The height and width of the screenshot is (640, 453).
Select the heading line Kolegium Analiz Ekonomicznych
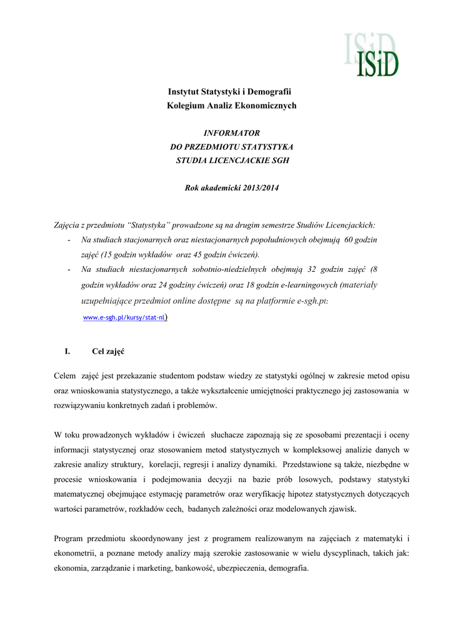(231, 106)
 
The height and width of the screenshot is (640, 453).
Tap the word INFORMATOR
(232, 133)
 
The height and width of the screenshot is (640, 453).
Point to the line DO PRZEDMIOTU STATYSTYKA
(232, 146)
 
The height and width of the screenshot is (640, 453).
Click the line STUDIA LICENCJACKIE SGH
(232, 160)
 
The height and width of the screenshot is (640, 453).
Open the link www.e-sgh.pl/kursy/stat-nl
(124, 317)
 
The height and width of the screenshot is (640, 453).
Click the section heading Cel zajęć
(108, 351)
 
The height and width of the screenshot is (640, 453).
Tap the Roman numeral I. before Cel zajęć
(67, 351)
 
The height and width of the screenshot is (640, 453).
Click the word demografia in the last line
(286, 568)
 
